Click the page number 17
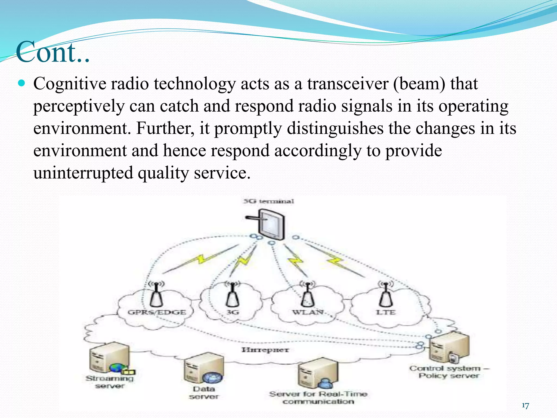(x=525, y=406)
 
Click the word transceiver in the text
(x=348, y=84)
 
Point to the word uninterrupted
(x=83, y=173)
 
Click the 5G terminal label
(x=269, y=201)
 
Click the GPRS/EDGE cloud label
(x=157, y=312)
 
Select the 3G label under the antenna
(x=233, y=312)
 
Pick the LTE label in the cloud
(x=385, y=312)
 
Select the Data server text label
(x=204, y=393)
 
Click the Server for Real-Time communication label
(x=318, y=398)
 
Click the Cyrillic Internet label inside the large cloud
(x=265, y=350)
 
